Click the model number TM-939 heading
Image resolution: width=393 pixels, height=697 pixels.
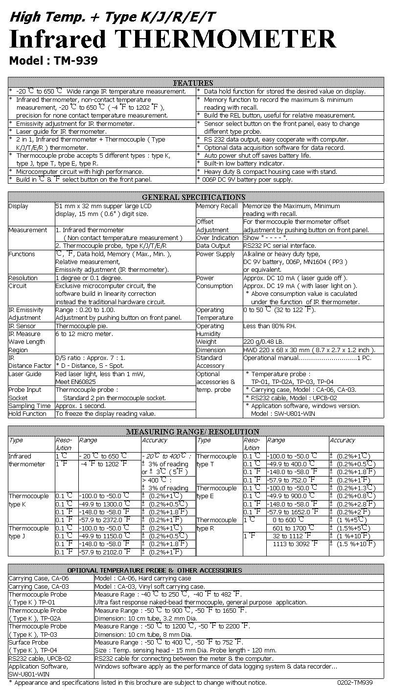coord(53,61)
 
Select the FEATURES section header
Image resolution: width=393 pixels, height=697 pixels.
coord(193,83)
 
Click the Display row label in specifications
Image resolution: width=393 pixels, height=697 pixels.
coord(18,206)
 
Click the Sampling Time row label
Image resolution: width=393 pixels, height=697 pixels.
coord(29,406)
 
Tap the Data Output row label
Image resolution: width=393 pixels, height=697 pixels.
coord(213,246)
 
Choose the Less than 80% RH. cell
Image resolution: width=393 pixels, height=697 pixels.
coord(270,326)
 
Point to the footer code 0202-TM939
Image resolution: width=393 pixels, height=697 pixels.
coord(355,682)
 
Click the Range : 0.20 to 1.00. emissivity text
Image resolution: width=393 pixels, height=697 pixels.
coord(85,310)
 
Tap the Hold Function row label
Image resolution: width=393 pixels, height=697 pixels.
coord(27,414)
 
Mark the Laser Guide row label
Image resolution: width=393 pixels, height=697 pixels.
coord(25,374)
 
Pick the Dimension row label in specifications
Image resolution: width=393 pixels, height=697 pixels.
coord(211,350)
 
